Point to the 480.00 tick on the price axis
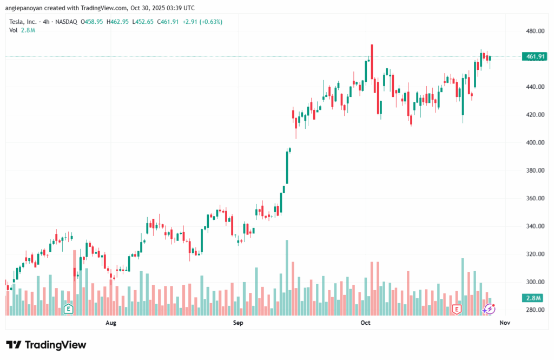point(535,31)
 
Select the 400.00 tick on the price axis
point(535,142)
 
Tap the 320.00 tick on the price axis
point(535,254)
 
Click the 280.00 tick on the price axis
point(535,310)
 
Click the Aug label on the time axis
point(110,323)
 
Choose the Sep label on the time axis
point(238,323)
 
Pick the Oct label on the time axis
point(365,323)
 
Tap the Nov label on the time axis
point(505,323)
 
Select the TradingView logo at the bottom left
point(46,345)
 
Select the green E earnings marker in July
point(68,309)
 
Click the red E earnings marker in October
point(457,309)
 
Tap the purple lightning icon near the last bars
point(489,309)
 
